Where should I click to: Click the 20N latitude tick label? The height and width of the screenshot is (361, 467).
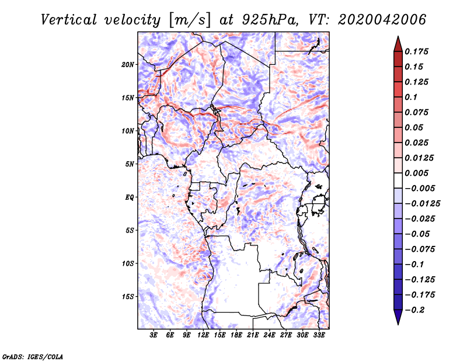tap(128, 64)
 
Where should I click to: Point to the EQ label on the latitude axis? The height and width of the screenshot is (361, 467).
tap(129, 197)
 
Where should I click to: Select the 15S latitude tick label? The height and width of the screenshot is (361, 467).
tap(128, 297)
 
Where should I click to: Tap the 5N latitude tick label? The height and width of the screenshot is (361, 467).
tap(130, 164)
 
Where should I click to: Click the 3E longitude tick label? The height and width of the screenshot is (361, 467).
tap(154, 336)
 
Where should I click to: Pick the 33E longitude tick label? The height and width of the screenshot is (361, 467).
tap(319, 336)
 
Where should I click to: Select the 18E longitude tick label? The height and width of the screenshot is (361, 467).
tap(236, 336)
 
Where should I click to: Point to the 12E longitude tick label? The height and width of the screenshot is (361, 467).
tap(203, 336)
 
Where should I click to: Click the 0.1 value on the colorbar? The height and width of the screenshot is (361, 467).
tap(411, 97)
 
